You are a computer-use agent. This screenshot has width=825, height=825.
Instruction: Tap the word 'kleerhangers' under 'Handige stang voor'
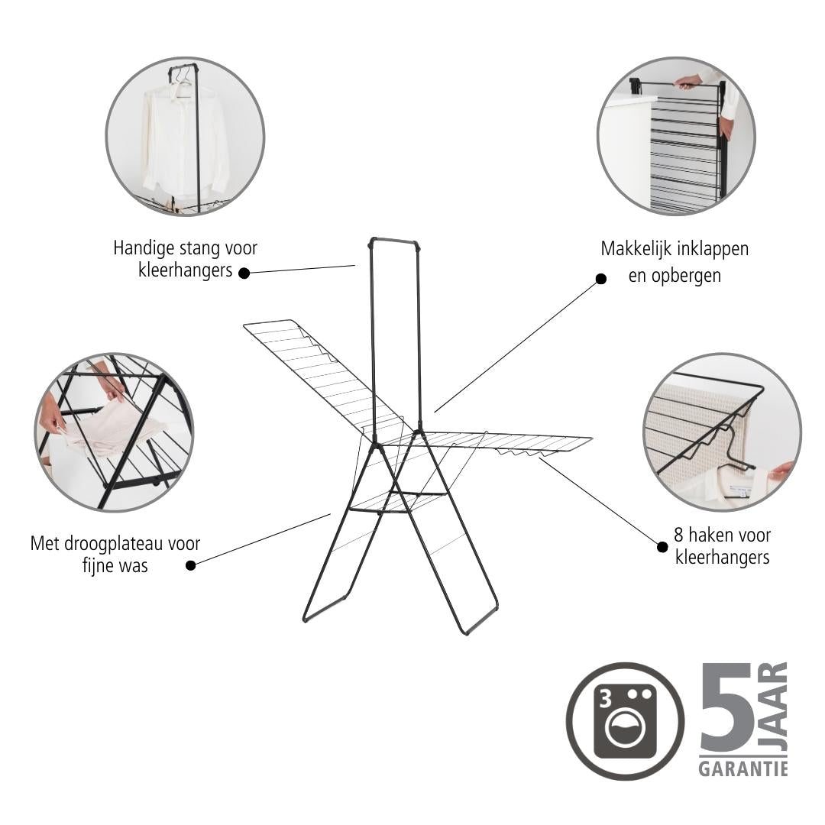[185, 270]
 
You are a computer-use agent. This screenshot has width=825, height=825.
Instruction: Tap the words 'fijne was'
[115, 565]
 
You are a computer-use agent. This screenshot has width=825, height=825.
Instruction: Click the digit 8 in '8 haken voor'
[679, 535]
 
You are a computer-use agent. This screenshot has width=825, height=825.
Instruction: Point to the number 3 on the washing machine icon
[606, 699]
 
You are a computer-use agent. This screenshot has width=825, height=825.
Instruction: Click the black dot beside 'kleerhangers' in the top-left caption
[244, 273]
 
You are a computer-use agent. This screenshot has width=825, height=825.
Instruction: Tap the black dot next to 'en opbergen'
[600, 279]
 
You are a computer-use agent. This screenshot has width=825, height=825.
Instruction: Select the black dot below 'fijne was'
[191, 565]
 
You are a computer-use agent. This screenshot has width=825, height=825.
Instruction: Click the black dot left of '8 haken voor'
[662, 547]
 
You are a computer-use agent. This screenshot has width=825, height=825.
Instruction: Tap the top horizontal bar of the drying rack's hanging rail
[395, 241]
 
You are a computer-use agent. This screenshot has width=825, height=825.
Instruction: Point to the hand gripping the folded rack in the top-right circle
[687, 81]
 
